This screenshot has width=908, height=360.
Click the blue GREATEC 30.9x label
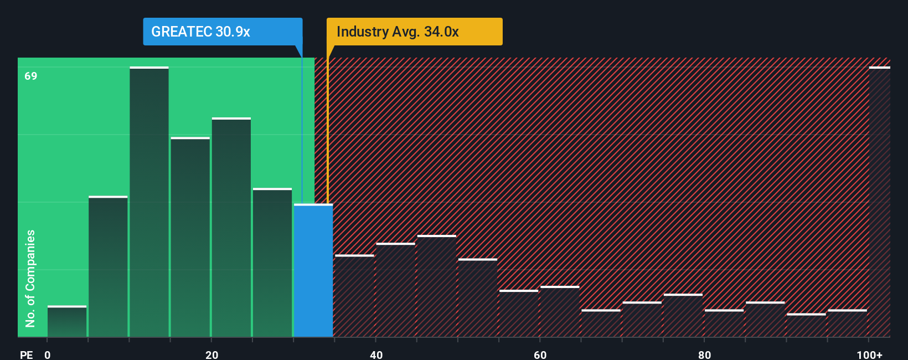223,32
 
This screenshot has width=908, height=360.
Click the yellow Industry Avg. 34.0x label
414,32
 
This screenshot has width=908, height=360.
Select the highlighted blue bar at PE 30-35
313,270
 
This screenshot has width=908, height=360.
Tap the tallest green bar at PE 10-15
149,202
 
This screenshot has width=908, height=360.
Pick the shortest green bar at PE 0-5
67,321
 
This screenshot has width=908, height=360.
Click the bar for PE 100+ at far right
880,202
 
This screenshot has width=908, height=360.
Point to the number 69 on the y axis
31,76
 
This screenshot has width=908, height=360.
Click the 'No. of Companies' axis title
30,279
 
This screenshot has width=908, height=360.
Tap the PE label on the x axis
27,355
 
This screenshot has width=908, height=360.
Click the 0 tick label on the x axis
48,355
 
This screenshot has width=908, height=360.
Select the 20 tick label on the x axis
211,355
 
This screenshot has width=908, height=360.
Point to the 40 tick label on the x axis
376,355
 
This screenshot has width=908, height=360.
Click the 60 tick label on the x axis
540,355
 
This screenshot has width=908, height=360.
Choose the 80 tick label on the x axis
704,355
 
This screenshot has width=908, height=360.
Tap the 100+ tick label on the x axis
869,355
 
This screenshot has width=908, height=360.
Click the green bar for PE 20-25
231,227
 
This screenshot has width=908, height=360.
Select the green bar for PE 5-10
108,266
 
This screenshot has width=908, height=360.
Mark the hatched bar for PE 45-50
437,286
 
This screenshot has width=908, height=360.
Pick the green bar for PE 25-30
272,263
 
